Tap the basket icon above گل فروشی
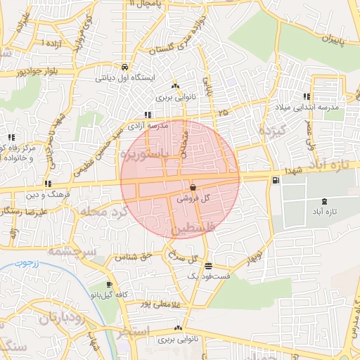(x=193, y=188)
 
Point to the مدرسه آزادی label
(x=148, y=125)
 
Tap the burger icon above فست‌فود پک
(x=208, y=266)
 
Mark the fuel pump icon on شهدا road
(x=274, y=180)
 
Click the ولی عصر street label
(x=310, y=134)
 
